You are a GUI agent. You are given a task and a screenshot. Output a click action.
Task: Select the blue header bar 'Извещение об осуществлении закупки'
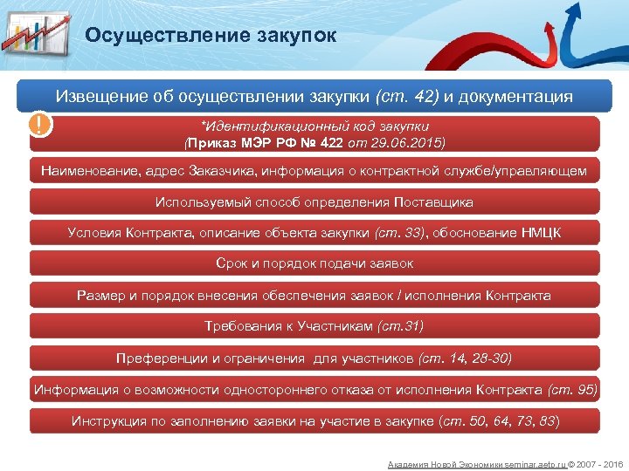[314, 96]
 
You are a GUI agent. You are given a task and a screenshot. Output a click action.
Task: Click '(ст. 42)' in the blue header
[407, 96]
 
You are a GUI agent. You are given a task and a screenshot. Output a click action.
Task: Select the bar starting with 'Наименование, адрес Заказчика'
[314, 171]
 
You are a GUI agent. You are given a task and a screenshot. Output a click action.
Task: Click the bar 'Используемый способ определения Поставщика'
[314, 201]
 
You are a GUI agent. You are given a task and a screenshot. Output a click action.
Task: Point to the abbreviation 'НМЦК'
[540, 232]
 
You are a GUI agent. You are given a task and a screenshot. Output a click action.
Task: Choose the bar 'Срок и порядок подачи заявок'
[314, 263]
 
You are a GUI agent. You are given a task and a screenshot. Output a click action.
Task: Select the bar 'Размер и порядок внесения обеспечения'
[314, 295]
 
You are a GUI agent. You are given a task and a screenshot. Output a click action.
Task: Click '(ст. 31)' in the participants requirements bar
[400, 326]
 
